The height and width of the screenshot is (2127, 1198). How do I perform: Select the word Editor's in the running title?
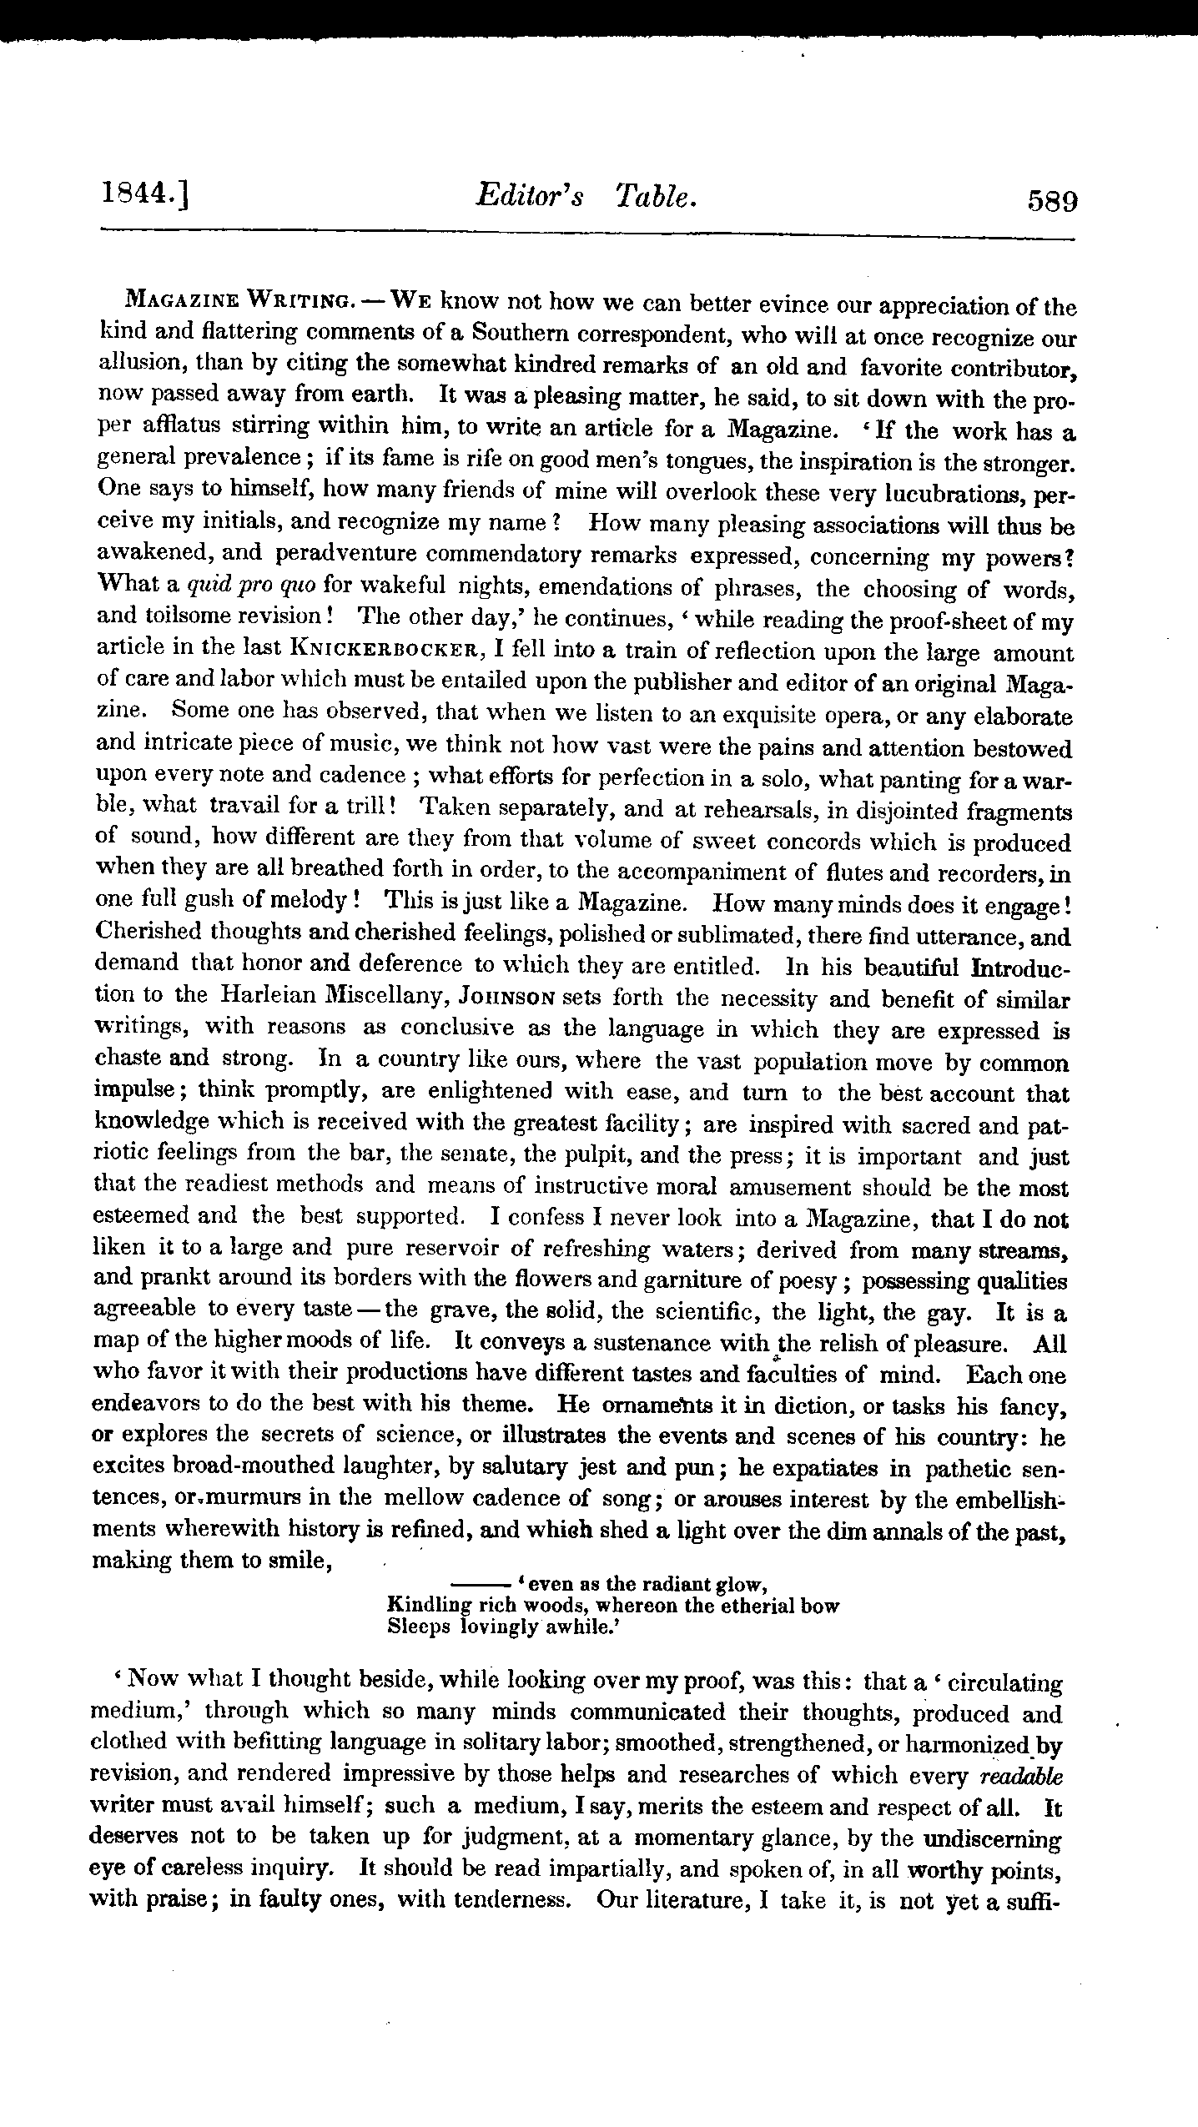[x=530, y=197]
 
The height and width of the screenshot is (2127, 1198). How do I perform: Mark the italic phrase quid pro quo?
[x=252, y=588]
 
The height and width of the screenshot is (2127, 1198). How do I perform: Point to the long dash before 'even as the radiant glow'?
[x=481, y=1582]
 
